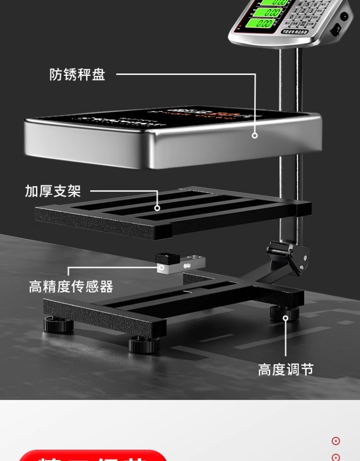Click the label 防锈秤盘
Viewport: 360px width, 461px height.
coord(77,75)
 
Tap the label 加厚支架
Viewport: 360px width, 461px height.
coord(53,191)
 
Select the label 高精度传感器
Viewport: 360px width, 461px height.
coord(71,287)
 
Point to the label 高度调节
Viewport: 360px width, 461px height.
coord(286,370)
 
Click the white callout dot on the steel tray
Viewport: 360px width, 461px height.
coord(255,135)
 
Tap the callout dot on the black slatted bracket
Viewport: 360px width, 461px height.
coord(157,208)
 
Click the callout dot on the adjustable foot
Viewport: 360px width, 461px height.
coord(285,317)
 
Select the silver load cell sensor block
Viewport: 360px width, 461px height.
coord(181,264)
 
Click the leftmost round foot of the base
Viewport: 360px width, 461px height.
coord(59,325)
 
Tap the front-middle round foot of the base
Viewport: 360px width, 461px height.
coord(144,344)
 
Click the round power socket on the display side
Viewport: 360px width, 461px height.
coord(345,16)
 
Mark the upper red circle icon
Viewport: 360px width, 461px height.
coord(336,441)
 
